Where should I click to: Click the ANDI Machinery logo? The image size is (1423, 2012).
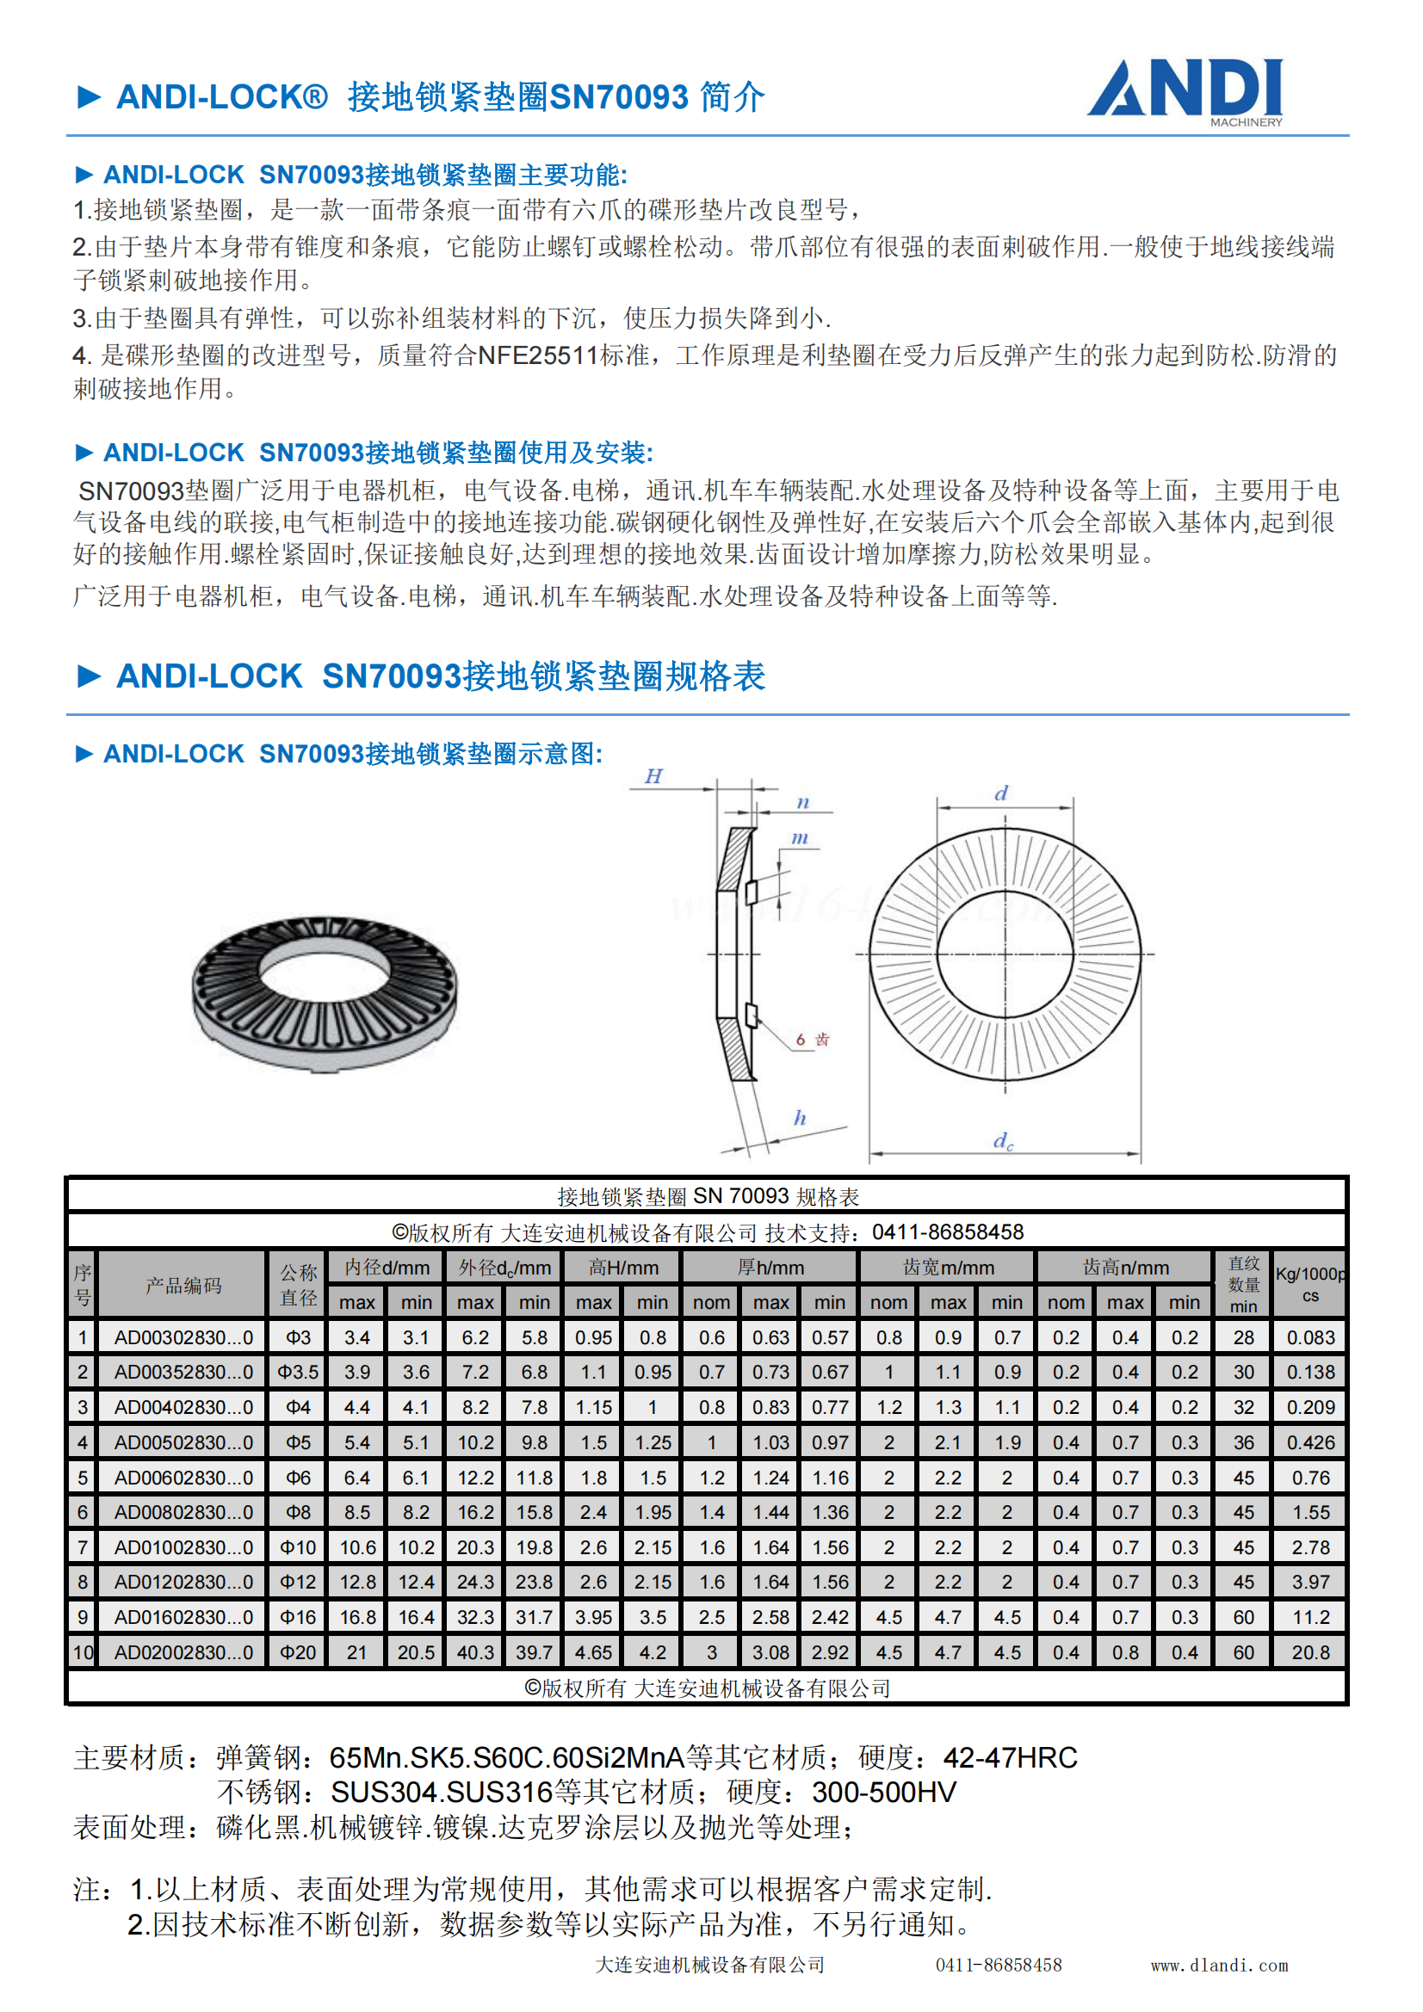(x=1185, y=90)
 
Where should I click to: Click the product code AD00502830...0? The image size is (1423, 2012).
(x=183, y=1442)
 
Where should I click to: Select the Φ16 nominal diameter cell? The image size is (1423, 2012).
(x=298, y=1617)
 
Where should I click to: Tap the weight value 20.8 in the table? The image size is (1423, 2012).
(x=1310, y=1651)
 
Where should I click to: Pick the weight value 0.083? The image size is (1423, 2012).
(x=1310, y=1338)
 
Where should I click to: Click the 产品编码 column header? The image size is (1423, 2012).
(x=183, y=1286)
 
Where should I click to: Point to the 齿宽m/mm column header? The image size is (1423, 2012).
(x=948, y=1268)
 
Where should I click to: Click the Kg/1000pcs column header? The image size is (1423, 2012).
(x=1310, y=1284)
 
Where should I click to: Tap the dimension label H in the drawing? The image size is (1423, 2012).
(x=653, y=776)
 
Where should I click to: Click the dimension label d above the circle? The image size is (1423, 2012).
(x=1001, y=793)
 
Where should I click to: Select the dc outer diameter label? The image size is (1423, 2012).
(x=1003, y=1140)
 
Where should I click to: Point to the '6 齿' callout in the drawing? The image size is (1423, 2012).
(x=812, y=1040)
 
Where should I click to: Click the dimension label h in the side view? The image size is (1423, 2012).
(x=800, y=1117)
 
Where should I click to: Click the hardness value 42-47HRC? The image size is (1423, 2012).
(x=1010, y=1758)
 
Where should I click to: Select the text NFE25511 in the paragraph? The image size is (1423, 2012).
(x=537, y=355)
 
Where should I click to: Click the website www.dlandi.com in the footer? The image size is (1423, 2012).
(x=1220, y=1966)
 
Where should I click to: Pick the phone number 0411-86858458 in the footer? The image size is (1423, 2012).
(x=999, y=1966)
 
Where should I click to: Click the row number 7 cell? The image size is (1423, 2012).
(x=83, y=1547)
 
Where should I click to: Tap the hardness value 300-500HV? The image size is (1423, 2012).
(x=884, y=1793)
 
